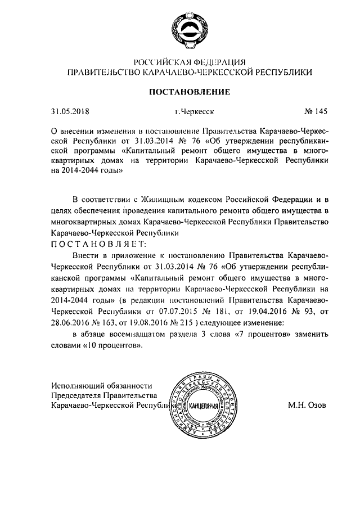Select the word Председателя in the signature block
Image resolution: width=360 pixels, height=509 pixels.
point(78,395)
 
